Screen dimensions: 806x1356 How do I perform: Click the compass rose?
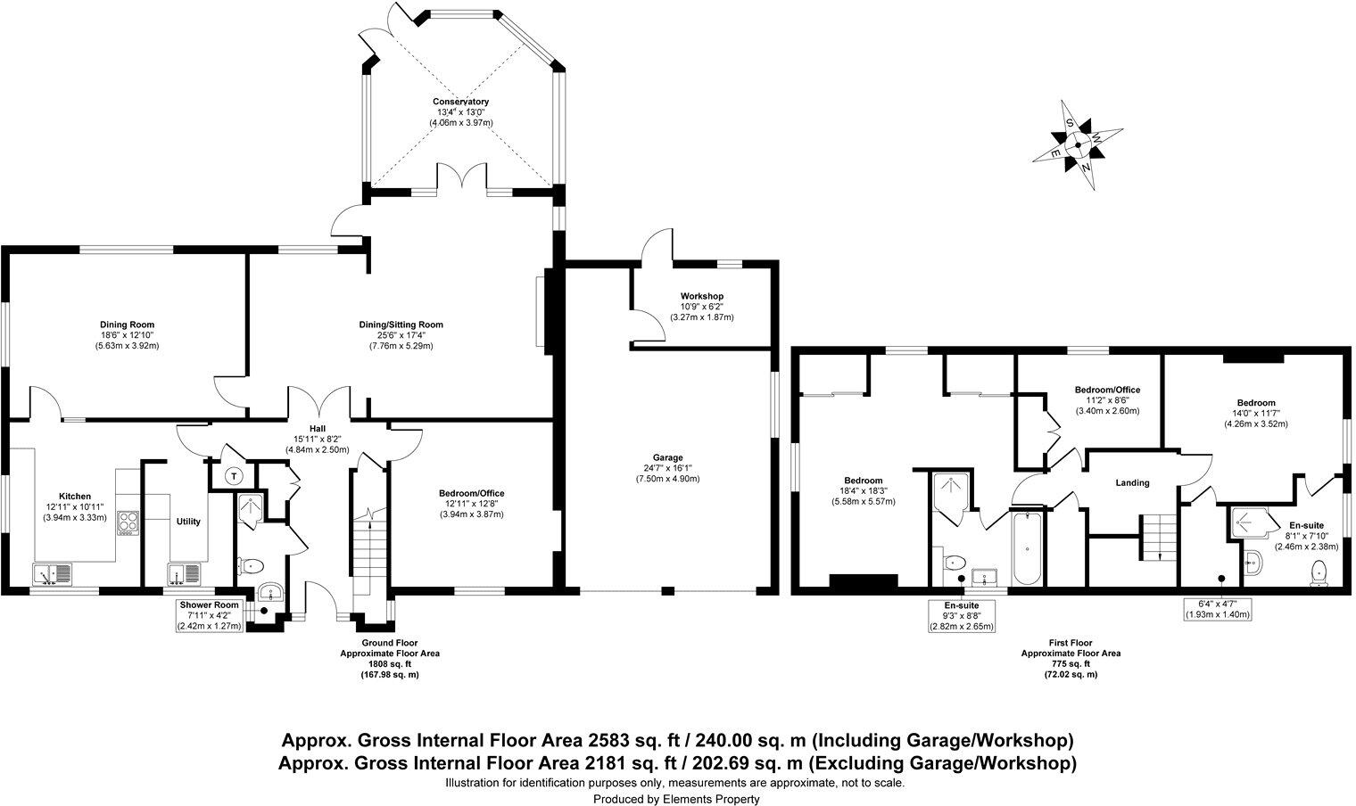pyautogui.click(x=1078, y=144)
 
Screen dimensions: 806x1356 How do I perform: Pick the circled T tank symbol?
pyautogui.click(x=234, y=476)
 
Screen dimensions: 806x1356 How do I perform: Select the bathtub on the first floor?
pyautogui.click(x=1026, y=547)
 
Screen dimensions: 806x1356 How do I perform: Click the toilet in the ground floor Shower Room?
pyautogui.click(x=252, y=564)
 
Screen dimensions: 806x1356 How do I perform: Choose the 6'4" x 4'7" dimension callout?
pyautogui.click(x=1216, y=609)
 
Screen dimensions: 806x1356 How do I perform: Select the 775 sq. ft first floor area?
pyautogui.click(x=1070, y=663)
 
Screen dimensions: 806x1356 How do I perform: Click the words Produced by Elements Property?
pyautogui.click(x=677, y=799)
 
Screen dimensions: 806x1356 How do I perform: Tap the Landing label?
pyautogui.click(x=1132, y=482)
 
